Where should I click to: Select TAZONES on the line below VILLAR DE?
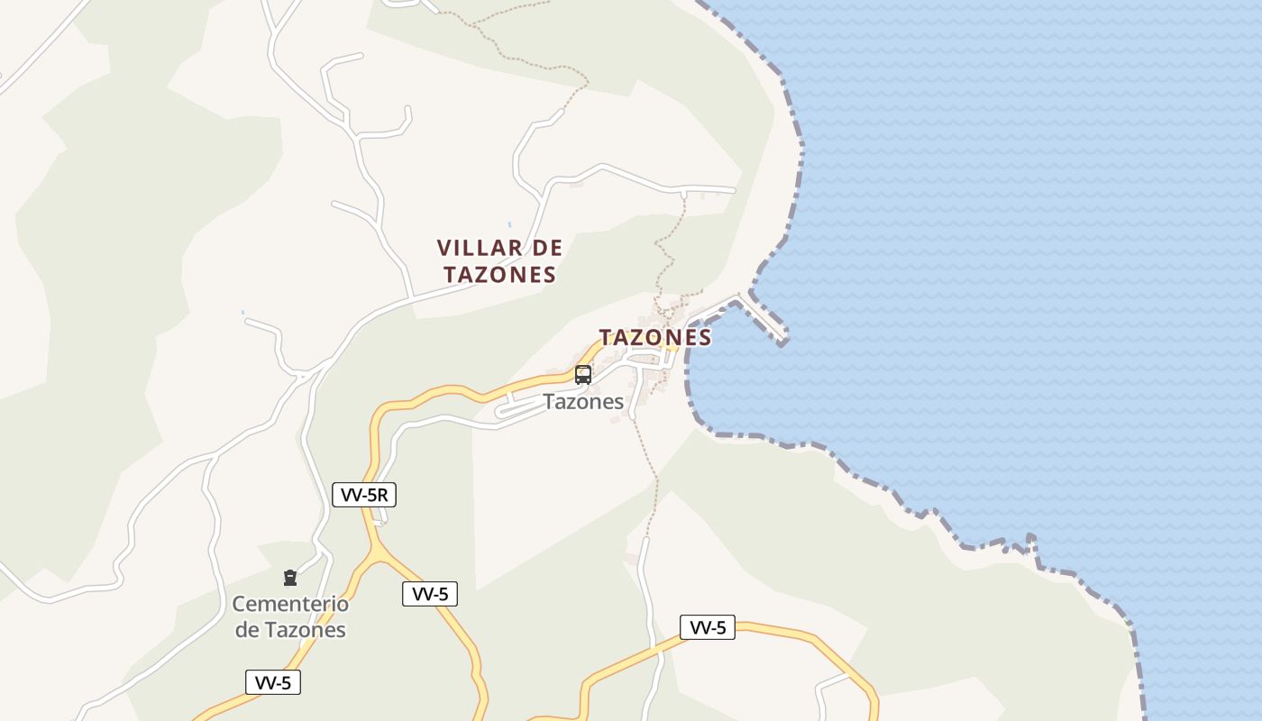tap(499, 275)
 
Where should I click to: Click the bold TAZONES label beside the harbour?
tap(655, 337)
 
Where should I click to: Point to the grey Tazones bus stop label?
tap(583, 402)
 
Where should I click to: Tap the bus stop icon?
tap(583, 375)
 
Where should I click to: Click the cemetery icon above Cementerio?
tap(290, 578)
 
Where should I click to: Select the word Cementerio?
tap(290, 604)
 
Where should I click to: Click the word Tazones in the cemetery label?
tap(305, 630)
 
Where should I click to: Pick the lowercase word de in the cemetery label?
tap(247, 630)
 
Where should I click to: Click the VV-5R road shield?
tap(364, 494)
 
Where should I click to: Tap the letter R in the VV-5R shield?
tap(383, 494)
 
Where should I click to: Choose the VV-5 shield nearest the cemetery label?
tap(273, 682)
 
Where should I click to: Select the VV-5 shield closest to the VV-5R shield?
tap(430, 594)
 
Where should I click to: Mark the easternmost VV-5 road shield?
tap(708, 627)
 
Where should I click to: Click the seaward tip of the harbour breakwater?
tap(783, 341)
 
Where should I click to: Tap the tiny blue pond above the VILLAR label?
tap(509, 224)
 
